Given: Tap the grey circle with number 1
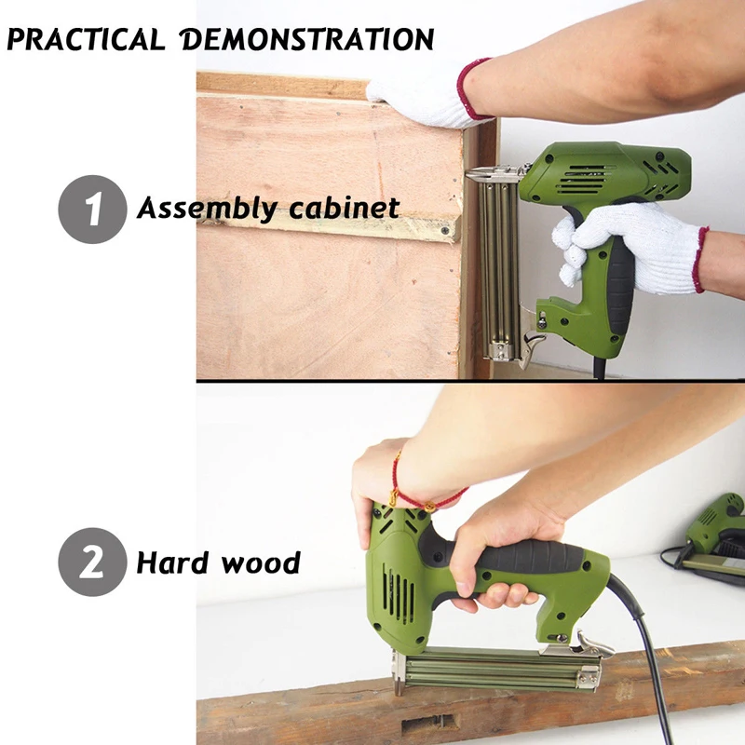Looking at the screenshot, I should click(x=91, y=208).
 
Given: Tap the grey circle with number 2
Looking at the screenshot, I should click(x=91, y=562).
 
